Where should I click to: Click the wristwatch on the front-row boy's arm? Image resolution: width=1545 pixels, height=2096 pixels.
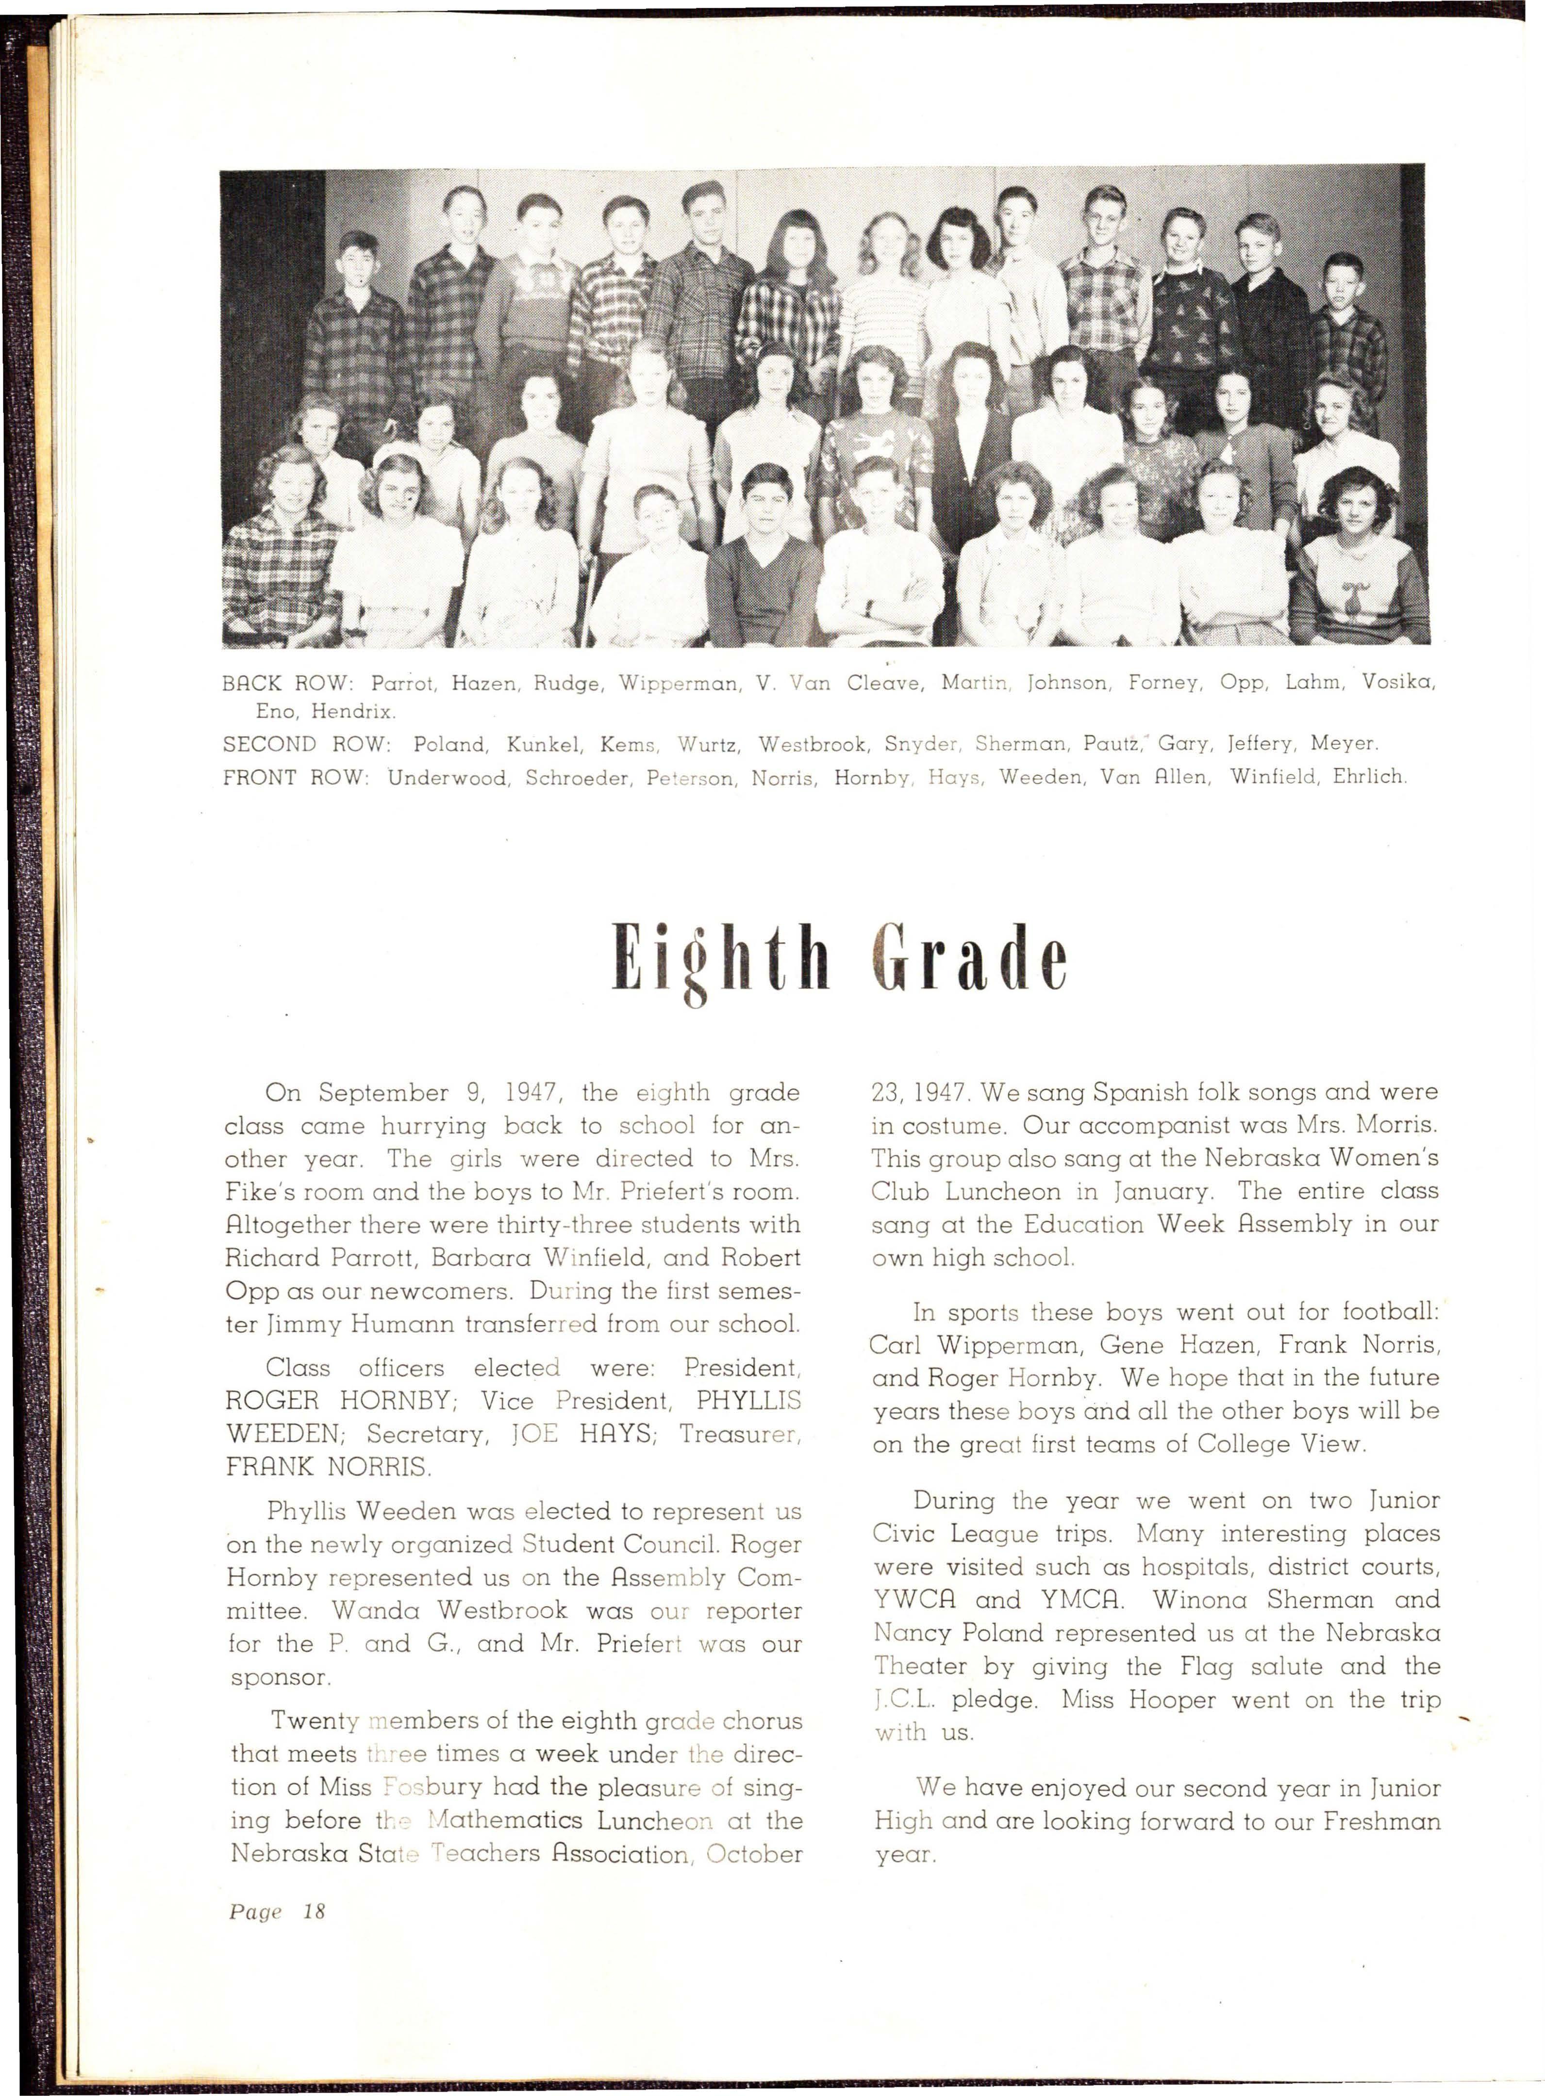click(x=870, y=607)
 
